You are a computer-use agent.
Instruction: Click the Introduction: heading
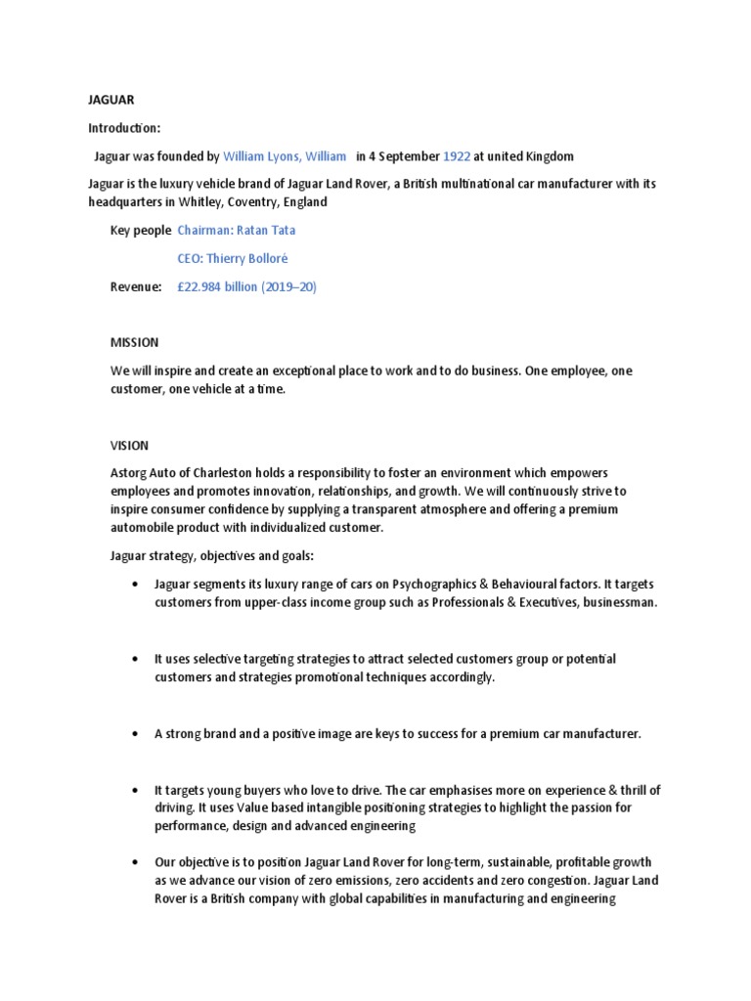click(121, 128)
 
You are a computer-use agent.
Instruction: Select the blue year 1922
click(457, 156)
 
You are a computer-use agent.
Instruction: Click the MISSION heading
click(134, 343)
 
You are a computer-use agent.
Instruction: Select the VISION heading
click(129, 445)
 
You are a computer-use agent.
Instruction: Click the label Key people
click(141, 231)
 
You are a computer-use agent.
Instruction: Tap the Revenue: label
click(136, 286)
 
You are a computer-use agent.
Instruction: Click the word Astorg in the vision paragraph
click(130, 473)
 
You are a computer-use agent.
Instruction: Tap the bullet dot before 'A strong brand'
click(133, 734)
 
